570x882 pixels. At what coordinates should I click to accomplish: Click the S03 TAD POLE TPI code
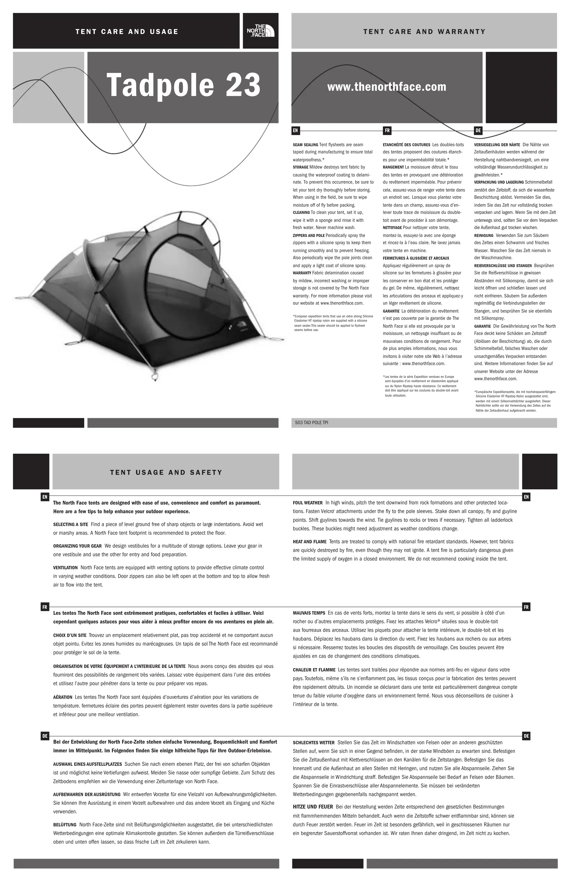click(x=311, y=422)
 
